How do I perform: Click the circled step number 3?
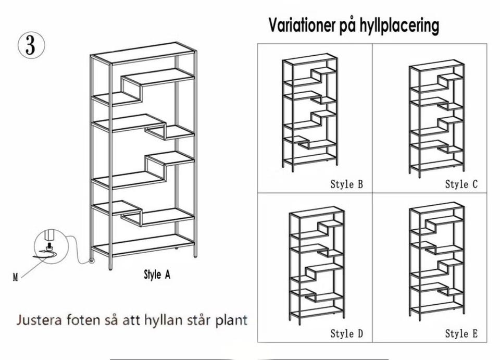click(31, 45)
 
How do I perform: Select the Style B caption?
click(347, 184)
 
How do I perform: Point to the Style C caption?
click(461, 184)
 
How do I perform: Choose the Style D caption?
click(347, 333)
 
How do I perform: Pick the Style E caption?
click(461, 333)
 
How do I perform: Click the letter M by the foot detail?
click(15, 277)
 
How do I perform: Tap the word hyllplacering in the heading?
click(399, 26)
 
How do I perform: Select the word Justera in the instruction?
click(39, 319)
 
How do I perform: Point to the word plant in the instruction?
click(231, 320)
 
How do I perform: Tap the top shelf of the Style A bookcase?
click(143, 53)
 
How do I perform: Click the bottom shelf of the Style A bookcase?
click(143, 245)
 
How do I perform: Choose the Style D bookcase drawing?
click(317, 265)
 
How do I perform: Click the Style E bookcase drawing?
click(436, 261)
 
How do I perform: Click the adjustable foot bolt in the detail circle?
click(49, 245)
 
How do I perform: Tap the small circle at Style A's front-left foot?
click(92, 260)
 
